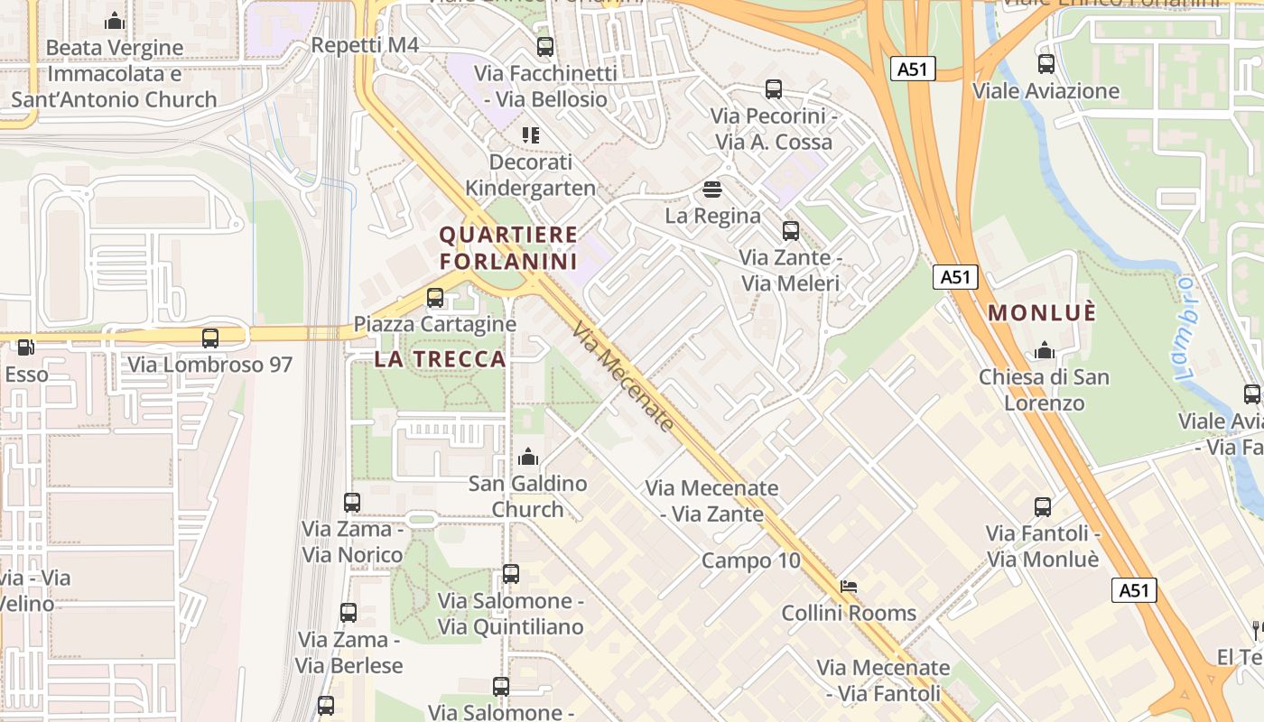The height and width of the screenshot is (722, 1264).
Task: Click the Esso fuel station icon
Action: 26,347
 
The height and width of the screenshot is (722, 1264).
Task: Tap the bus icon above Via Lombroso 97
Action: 210,338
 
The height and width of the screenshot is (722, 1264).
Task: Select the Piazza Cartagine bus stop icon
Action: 435,297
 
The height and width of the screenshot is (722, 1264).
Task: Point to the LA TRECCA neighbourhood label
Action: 440,359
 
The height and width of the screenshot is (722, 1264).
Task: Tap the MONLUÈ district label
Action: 1042,313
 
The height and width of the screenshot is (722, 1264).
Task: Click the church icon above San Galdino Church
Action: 528,458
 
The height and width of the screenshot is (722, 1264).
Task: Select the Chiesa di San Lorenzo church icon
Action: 1045,350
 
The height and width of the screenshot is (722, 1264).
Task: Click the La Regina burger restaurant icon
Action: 712,190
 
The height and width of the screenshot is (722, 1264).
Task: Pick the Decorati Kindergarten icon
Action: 531,135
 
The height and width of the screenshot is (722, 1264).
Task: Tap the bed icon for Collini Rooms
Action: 849,586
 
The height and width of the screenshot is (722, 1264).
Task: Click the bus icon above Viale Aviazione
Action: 1046,64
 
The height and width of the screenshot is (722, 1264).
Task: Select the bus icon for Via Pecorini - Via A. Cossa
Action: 774,88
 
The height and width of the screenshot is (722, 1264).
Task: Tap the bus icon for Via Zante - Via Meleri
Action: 791,230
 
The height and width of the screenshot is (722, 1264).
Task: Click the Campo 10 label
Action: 751,560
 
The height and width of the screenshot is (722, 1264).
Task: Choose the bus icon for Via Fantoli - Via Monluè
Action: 1043,507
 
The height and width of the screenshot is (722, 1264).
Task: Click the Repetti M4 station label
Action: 365,45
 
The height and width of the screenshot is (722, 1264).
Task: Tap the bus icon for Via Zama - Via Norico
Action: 352,503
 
